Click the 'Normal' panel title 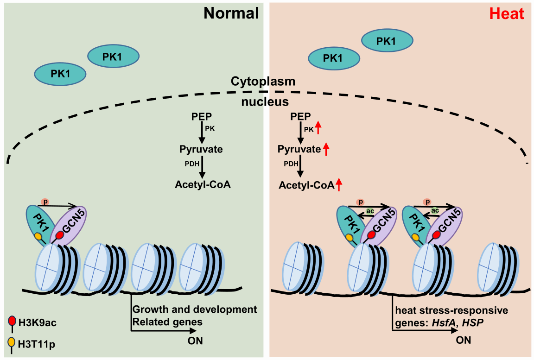click(231, 14)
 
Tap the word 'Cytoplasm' click(263, 82)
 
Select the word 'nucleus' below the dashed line click(265, 101)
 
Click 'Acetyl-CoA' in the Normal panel click(203, 184)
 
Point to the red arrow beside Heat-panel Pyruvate click(326, 149)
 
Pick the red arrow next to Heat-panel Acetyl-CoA click(339, 185)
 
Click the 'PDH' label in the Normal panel click(191, 164)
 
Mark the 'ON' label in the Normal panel click(195, 341)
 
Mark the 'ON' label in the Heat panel click(464, 341)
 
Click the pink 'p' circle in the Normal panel click(45, 202)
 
